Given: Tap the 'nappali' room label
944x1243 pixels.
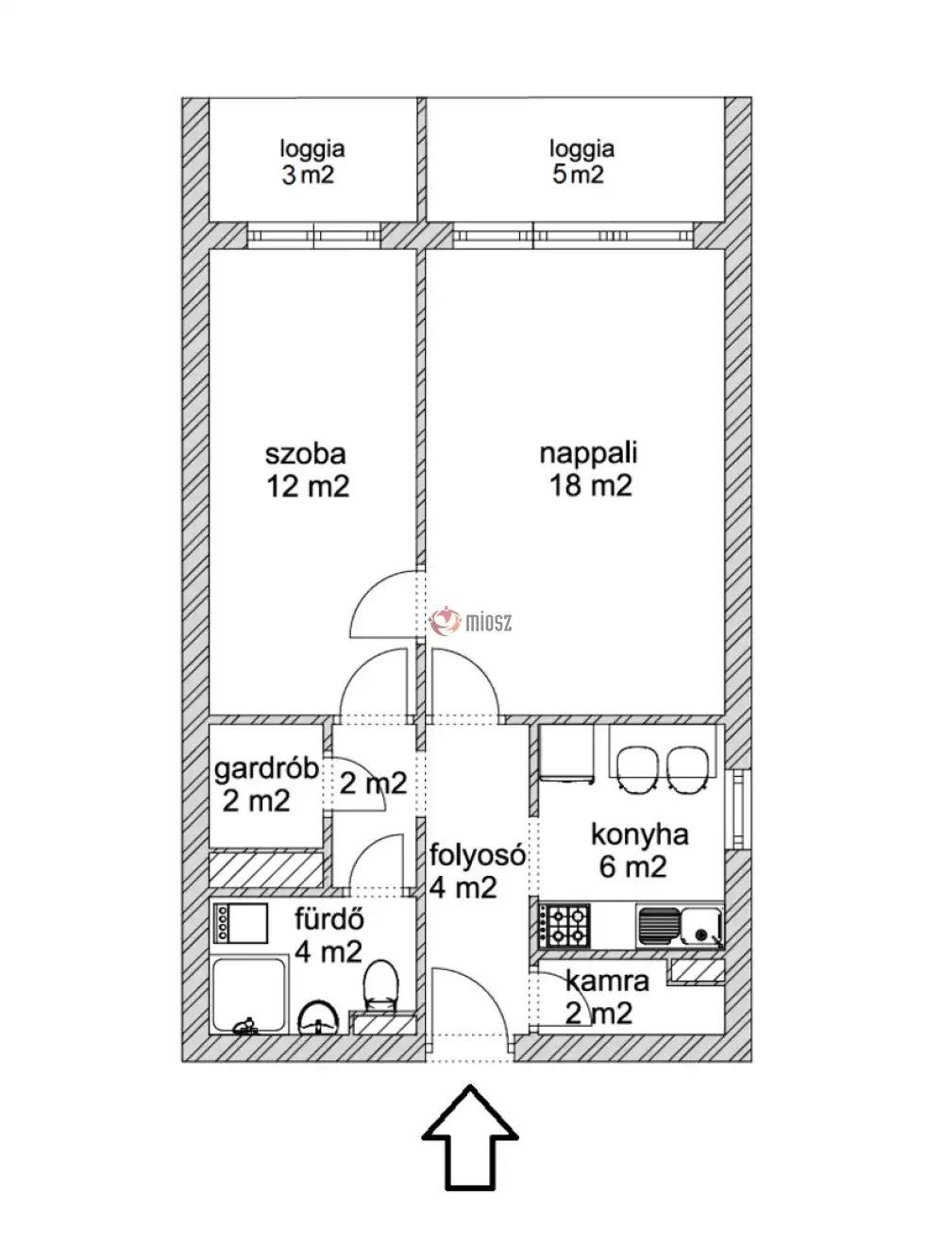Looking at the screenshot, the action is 588,454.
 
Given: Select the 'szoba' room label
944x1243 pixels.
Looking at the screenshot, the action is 305,454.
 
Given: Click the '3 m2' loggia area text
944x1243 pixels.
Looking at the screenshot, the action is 308,175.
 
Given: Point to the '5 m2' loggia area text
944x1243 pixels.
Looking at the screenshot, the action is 578,175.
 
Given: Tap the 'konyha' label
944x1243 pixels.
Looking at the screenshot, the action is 640,835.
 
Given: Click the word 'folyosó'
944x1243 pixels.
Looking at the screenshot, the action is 478,855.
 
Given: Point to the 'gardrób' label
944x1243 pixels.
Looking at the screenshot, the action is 266,770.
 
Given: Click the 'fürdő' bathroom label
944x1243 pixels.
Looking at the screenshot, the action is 329,919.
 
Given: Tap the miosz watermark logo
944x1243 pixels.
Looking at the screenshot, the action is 471,622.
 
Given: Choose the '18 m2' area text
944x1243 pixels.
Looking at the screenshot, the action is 591,486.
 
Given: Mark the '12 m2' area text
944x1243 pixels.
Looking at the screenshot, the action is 308,487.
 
